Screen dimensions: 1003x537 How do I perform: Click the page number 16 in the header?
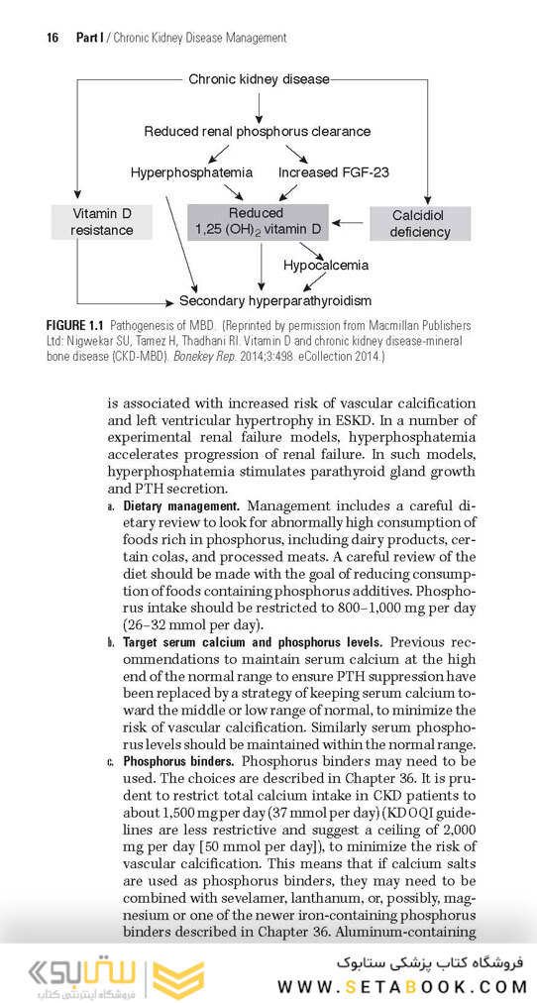click(x=54, y=38)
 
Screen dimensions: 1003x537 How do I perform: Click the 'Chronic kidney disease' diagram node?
click(x=259, y=78)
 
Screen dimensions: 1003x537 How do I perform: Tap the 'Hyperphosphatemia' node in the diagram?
click(x=191, y=172)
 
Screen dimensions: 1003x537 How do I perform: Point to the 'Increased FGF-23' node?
click(x=333, y=172)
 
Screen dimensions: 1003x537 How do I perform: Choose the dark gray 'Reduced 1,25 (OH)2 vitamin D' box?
click(x=258, y=222)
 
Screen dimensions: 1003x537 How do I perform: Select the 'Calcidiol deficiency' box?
click(x=420, y=224)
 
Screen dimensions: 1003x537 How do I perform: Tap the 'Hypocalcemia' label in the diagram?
click(x=326, y=265)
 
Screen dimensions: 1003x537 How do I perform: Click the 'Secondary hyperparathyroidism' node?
click(x=275, y=300)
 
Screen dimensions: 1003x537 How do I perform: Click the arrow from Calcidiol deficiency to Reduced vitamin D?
click(x=349, y=222)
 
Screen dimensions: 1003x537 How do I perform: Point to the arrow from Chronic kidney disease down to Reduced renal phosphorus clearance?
click(x=259, y=103)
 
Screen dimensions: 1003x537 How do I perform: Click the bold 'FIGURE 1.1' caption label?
click(x=75, y=325)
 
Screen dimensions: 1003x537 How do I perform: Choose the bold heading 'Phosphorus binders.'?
click(x=178, y=761)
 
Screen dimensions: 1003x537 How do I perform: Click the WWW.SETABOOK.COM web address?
click(x=401, y=986)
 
